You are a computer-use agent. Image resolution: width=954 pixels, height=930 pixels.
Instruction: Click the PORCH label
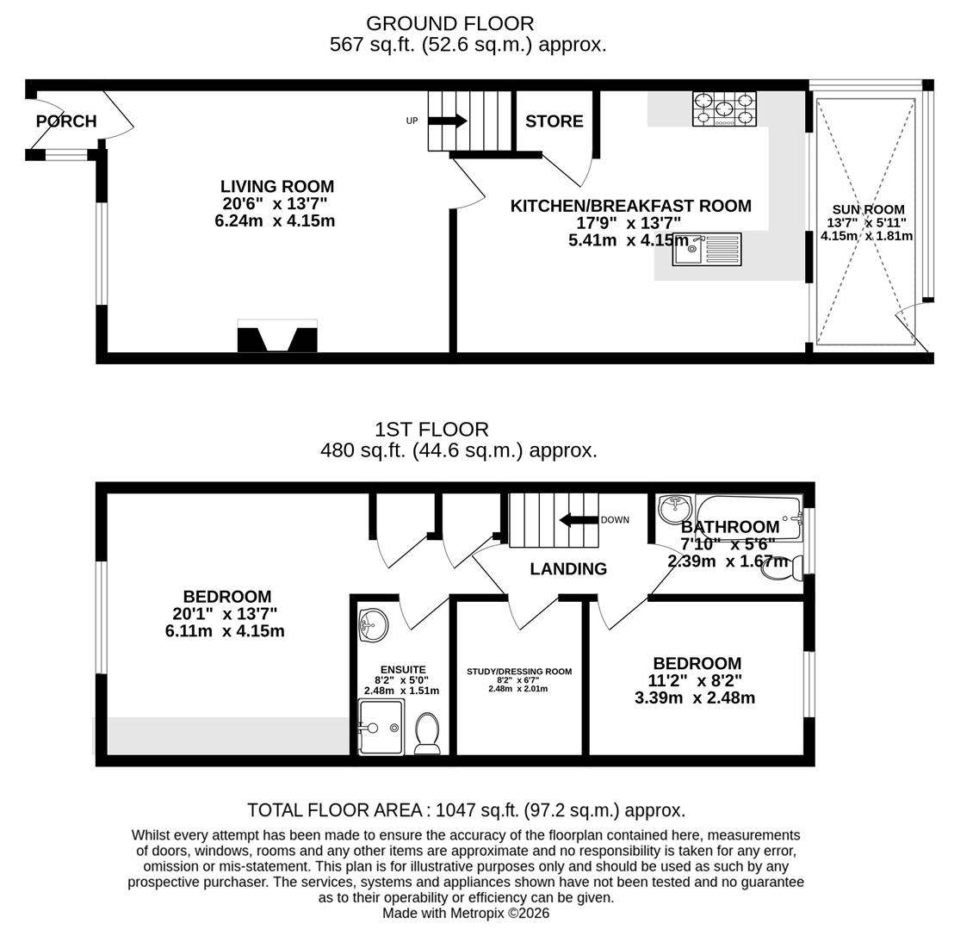66,121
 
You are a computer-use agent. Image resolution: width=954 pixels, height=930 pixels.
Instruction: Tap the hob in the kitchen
724,109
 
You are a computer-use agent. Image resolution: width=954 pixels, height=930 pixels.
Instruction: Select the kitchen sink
706,249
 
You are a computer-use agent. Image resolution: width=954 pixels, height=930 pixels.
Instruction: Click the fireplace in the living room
277,337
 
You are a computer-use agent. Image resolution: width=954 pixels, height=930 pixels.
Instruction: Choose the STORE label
554,121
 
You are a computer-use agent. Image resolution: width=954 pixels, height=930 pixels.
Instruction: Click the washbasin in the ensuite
373,624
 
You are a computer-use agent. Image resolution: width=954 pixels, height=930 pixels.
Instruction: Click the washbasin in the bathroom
674,507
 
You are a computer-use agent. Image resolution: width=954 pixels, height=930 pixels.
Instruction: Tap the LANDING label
568,569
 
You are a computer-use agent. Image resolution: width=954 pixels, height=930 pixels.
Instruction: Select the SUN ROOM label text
868,209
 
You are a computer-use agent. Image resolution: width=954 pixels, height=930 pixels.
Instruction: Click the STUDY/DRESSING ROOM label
519,672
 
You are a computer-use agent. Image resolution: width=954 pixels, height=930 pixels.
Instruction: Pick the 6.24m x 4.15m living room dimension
275,221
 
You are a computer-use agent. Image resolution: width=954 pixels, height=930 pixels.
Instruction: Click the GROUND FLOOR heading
449,23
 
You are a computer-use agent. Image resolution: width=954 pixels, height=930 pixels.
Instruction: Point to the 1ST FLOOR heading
431,429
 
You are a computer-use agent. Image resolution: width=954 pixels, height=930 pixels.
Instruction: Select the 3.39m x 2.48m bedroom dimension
695,698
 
